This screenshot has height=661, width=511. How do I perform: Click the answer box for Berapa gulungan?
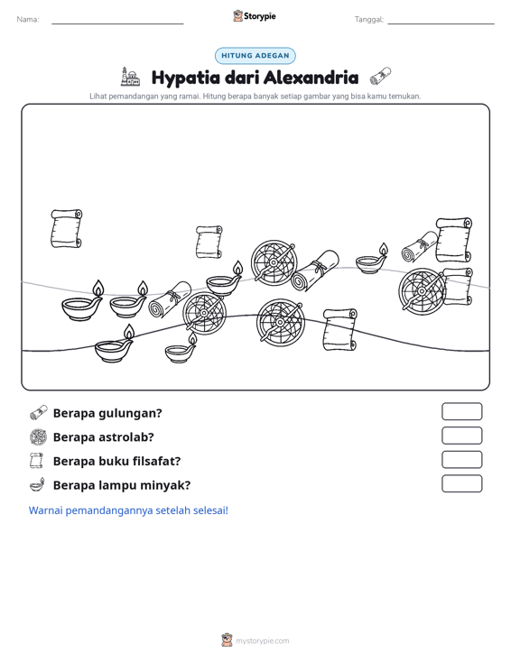461,411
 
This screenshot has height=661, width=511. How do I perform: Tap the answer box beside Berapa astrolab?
461,436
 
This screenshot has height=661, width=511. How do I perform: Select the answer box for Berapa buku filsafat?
461,460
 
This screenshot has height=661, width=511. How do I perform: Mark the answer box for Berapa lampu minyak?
461,483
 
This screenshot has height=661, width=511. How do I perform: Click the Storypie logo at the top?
255,16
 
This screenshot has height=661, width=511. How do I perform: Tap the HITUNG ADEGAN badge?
255,56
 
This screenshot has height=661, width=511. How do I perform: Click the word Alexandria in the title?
311,78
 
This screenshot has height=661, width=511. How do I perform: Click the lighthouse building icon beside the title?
130,77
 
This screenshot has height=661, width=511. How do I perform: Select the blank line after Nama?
117,23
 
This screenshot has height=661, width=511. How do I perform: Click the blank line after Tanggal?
441,23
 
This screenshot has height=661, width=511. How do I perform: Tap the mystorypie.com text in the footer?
262,641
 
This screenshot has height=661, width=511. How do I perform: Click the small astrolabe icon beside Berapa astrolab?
39,437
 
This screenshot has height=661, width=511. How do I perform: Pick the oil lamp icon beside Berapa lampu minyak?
38,485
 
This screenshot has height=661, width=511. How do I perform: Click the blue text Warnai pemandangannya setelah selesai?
128,510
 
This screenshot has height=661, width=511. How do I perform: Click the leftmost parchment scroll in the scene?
66,228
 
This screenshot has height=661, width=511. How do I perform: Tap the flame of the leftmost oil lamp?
98,289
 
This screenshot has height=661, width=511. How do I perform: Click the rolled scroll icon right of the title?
380,76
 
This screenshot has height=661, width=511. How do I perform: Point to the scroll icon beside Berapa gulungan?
39,413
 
